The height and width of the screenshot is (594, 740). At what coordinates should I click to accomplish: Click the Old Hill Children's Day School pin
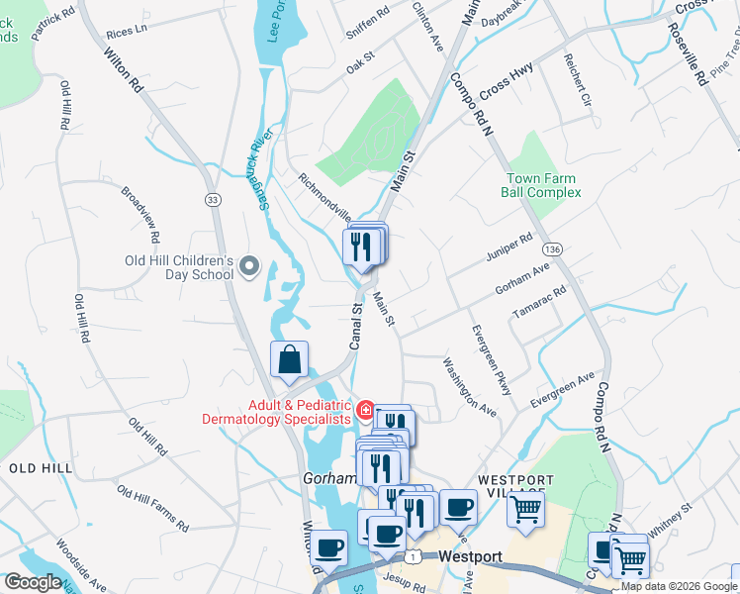coord(249,266)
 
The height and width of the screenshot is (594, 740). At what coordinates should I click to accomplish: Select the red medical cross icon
coord(364,410)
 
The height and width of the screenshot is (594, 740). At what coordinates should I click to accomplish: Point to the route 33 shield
coord(213,199)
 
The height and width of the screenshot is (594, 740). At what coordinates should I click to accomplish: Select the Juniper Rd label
coord(509,247)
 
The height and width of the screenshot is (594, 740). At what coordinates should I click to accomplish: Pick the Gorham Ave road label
coord(521,278)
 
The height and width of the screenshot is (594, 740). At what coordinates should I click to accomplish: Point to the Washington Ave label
coord(469,386)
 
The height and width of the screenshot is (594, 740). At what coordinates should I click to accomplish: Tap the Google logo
coord(33,582)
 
